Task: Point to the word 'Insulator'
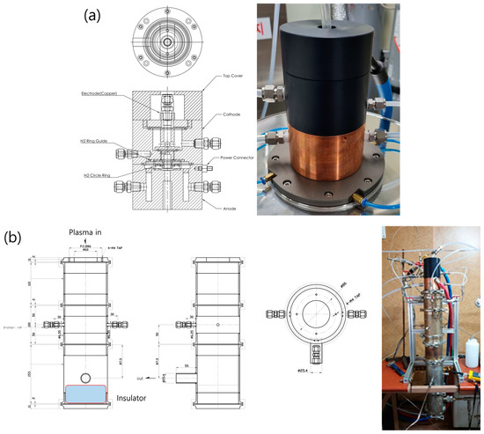130,398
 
